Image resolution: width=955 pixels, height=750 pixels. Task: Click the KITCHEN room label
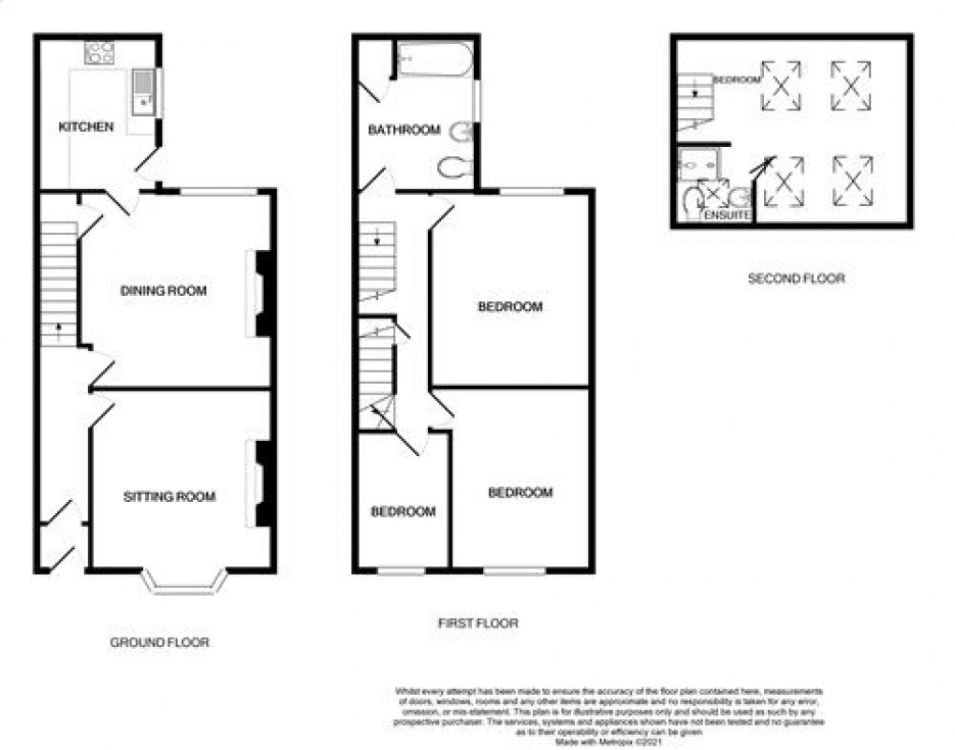click(x=86, y=126)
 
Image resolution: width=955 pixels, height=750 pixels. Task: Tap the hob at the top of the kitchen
click(x=99, y=52)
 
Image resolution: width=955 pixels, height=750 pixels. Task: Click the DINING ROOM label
click(x=164, y=291)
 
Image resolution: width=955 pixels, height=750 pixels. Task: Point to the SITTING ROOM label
click(x=169, y=496)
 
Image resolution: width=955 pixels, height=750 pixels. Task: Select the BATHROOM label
click(x=404, y=130)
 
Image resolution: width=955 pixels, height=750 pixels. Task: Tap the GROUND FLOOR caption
click(x=159, y=642)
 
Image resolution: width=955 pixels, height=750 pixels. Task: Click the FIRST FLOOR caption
click(x=477, y=623)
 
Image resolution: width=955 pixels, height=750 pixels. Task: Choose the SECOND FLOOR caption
click(x=796, y=278)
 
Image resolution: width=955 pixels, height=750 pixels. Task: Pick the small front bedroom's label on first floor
click(x=403, y=511)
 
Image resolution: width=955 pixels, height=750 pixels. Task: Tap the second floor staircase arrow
click(x=694, y=93)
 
